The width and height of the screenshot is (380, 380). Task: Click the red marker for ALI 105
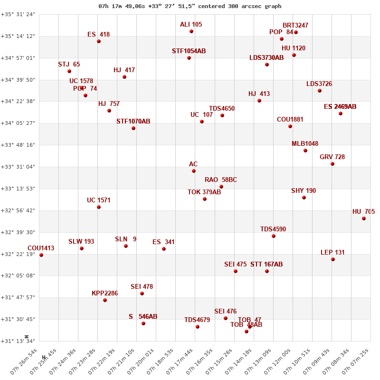pyautogui.click(x=191, y=31)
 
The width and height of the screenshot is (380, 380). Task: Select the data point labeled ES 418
pyautogui.click(x=99, y=41)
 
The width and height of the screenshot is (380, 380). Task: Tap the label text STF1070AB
pyautogui.click(x=133, y=122)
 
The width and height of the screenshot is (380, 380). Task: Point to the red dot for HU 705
pyautogui.click(x=364, y=218)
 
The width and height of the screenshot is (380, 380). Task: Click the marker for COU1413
pyautogui.click(x=41, y=255)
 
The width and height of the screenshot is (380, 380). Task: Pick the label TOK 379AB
pyautogui.click(x=204, y=192)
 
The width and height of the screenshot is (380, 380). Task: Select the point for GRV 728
pyautogui.click(x=332, y=164)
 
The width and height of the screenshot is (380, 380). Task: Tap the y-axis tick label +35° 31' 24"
pyautogui.click(x=18, y=14)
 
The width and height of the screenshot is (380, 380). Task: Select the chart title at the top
pyautogui.click(x=190, y=6)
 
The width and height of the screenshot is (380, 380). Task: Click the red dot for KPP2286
pyautogui.click(x=105, y=300)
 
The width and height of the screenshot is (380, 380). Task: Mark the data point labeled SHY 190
pyautogui.click(x=304, y=198)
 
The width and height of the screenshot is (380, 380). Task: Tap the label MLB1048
pyautogui.click(x=305, y=144)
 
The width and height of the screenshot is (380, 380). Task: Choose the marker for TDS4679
pyautogui.click(x=198, y=327)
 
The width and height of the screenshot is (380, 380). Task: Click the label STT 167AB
pyautogui.click(x=266, y=264)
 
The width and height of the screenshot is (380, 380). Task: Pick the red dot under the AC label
pyautogui.click(x=194, y=171)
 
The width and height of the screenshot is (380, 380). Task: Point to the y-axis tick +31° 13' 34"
pyautogui.click(x=18, y=341)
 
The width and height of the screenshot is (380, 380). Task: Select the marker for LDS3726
pyautogui.click(x=320, y=91)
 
